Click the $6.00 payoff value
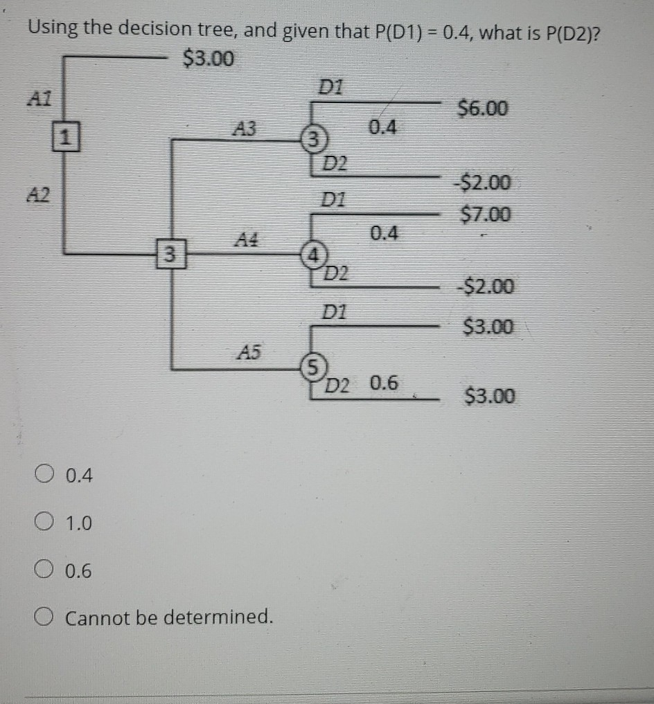click(x=484, y=109)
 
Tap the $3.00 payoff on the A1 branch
click(x=208, y=59)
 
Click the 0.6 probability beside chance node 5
click(x=383, y=383)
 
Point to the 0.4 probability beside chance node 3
click(x=383, y=127)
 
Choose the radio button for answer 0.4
click(x=44, y=476)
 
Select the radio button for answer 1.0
click(x=44, y=523)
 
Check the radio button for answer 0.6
click(x=44, y=571)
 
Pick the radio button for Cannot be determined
click(x=44, y=616)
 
